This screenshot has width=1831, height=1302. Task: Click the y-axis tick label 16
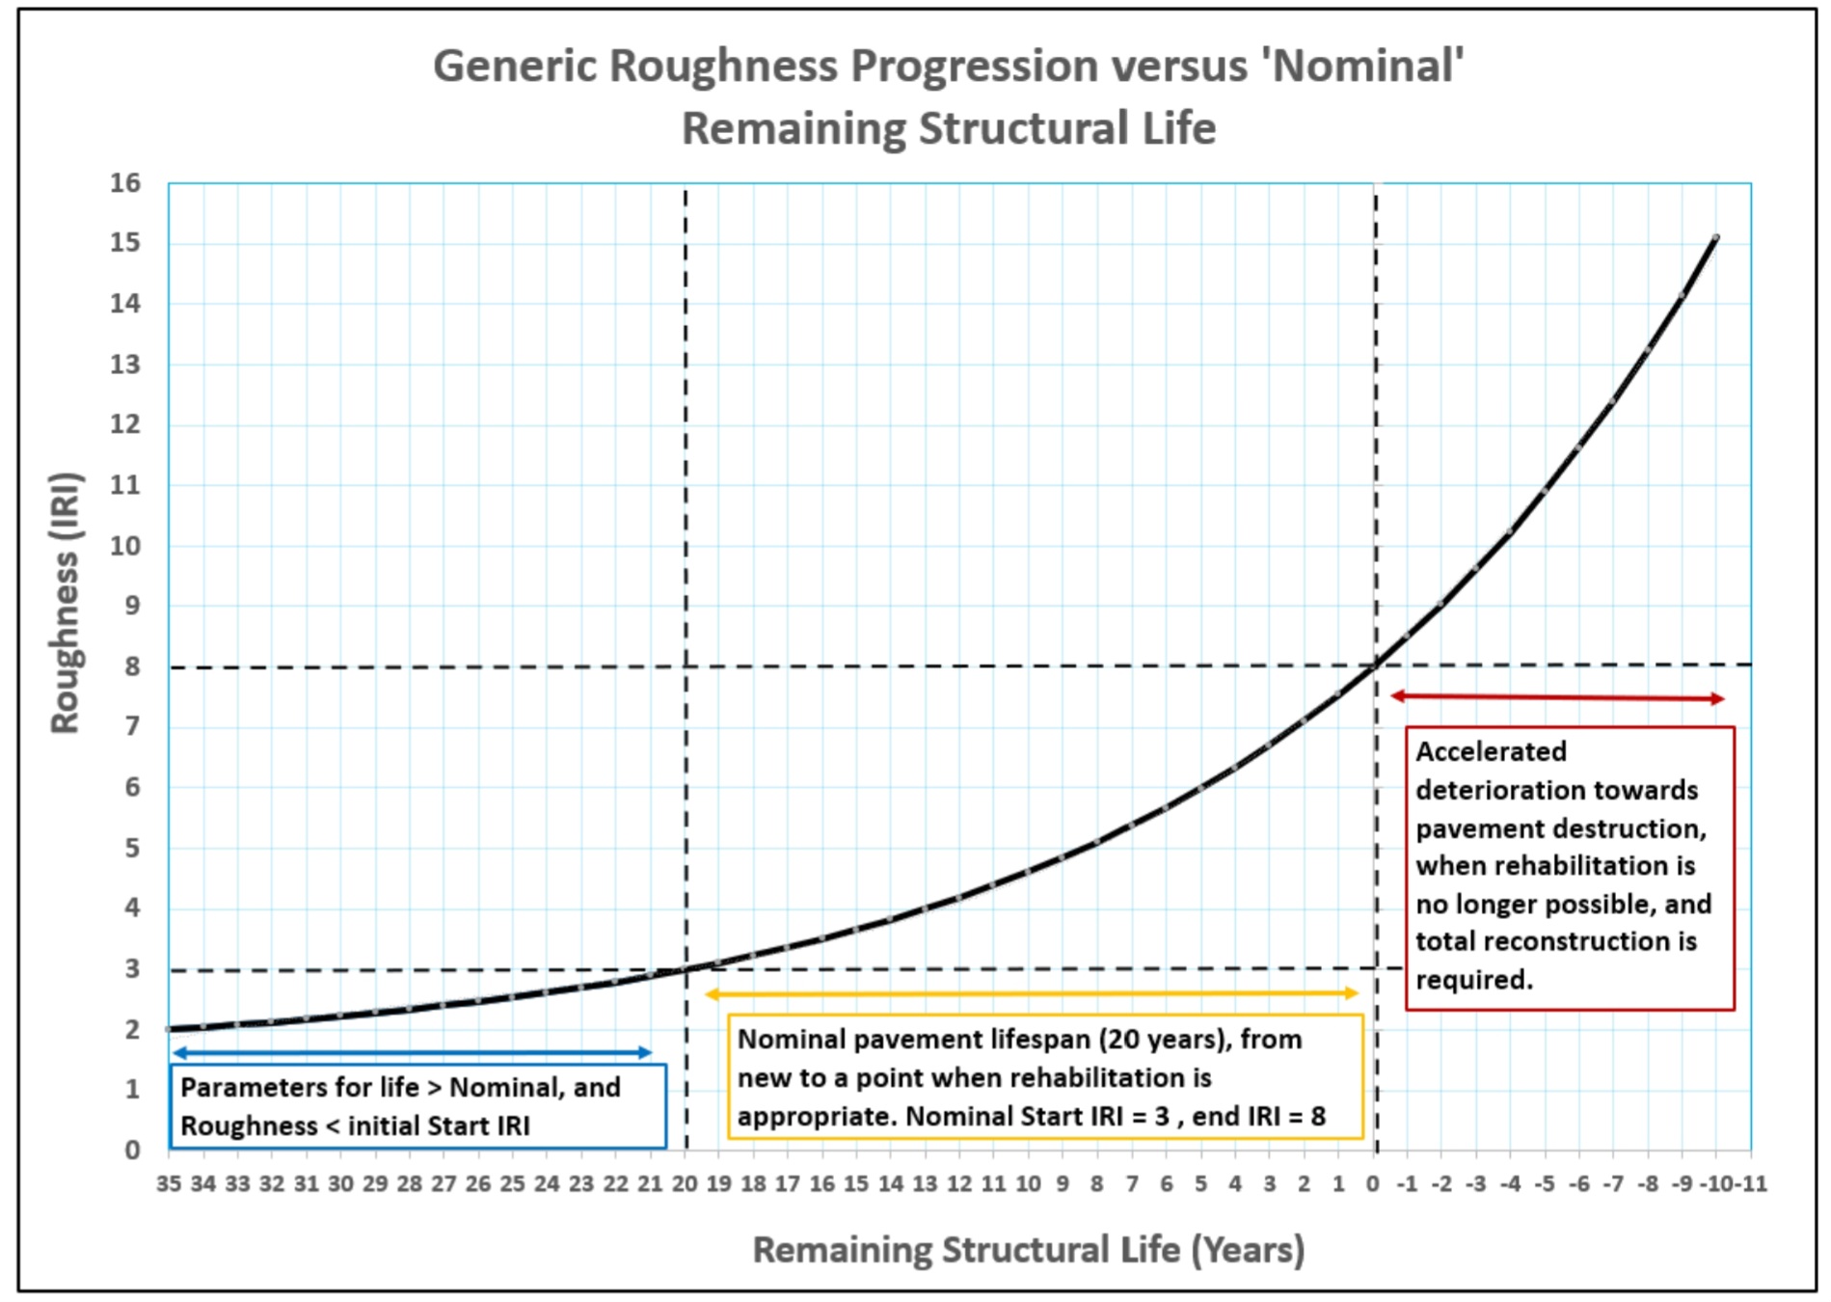pos(125,183)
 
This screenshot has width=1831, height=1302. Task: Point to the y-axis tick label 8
pos(132,666)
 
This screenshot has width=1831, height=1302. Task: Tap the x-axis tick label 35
pos(169,1184)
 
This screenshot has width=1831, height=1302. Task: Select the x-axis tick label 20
pos(685,1184)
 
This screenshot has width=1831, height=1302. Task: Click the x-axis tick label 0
pos(1373,1184)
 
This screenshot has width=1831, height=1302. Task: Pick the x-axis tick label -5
pos(1545,1184)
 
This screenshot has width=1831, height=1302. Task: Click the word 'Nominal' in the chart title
pos(1368,67)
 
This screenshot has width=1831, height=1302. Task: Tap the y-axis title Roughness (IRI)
pos(66,603)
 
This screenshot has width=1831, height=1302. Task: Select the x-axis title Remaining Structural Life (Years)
pos(1028,1250)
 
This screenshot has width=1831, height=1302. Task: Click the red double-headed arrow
pos(1557,696)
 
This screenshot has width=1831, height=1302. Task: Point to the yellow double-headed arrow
pos(1032,992)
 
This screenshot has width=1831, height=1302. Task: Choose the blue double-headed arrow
pos(413,1052)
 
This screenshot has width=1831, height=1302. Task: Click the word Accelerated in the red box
pos(1491,751)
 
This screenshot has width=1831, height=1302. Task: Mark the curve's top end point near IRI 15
pos(1716,237)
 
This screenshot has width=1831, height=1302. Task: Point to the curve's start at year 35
pos(171,1029)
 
